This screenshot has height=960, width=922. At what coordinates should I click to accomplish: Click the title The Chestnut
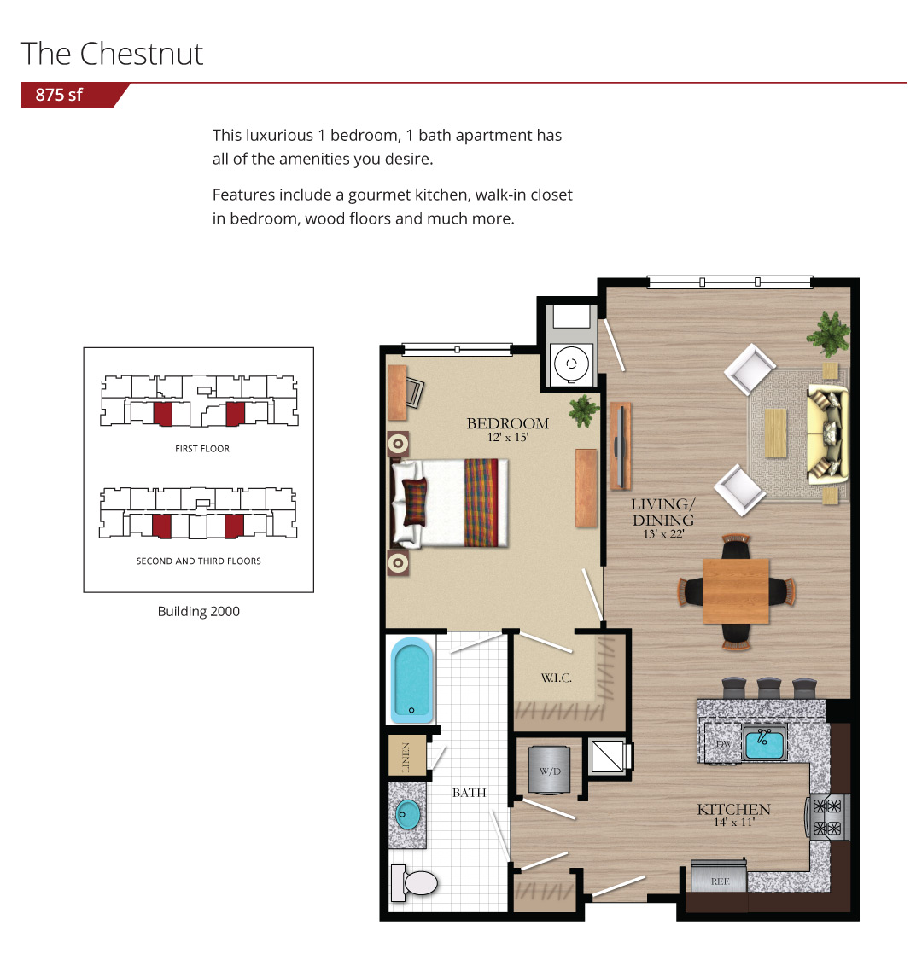pyautogui.click(x=112, y=54)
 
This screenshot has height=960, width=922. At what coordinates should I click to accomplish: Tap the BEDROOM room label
pyautogui.click(x=507, y=423)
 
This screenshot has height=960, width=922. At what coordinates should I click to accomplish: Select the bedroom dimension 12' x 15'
pyautogui.click(x=507, y=437)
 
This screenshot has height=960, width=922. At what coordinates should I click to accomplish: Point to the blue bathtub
pyautogui.click(x=411, y=680)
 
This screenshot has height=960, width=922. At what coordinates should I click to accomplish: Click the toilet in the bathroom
pyautogui.click(x=414, y=883)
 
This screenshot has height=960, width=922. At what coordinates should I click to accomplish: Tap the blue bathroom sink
pyautogui.click(x=408, y=814)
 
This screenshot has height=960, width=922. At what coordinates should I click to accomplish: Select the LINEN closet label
pyautogui.click(x=406, y=757)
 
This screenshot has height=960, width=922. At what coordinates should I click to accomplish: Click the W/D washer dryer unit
pyautogui.click(x=550, y=771)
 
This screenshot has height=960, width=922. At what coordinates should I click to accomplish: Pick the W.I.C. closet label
pyautogui.click(x=557, y=678)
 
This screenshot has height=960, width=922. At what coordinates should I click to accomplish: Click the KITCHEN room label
pyautogui.click(x=733, y=810)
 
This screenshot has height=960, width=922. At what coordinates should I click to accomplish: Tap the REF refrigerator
pyautogui.click(x=719, y=876)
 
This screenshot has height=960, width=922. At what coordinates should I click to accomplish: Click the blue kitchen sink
pyautogui.click(x=764, y=743)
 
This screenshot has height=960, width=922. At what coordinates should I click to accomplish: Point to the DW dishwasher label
pyautogui.click(x=723, y=744)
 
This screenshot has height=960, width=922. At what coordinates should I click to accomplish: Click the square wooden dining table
pyautogui.click(x=736, y=591)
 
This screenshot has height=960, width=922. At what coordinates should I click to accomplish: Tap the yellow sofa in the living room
pyautogui.click(x=828, y=434)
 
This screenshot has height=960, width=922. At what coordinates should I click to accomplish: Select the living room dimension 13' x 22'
pyautogui.click(x=663, y=534)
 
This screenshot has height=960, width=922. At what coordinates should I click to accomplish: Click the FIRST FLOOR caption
pyautogui.click(x=202, y=449)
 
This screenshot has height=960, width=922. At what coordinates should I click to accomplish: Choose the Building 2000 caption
pyautogui.click(x=199, y=611)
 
